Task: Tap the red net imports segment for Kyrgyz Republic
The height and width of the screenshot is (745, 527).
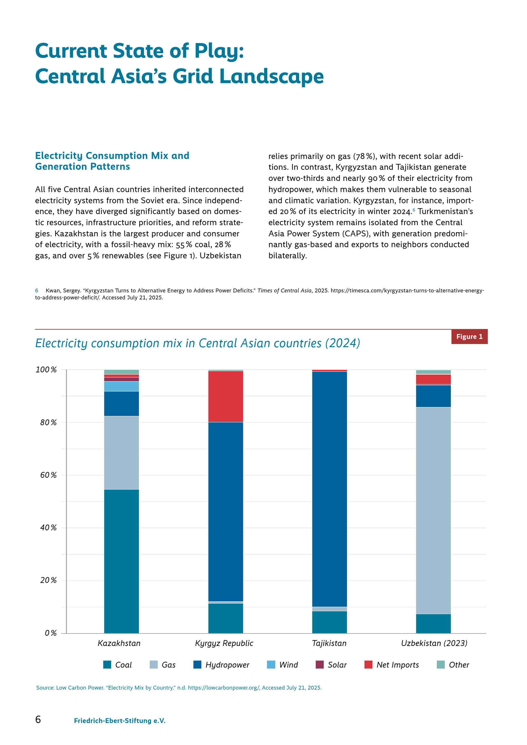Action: tap(226, 396)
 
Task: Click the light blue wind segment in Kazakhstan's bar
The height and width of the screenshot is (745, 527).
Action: tap(121, 386)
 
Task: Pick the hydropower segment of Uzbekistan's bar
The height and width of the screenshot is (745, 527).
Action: tap(433, 396)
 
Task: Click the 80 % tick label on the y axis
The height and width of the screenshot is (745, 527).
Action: tap(48, 423)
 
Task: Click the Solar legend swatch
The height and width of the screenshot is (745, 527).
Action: tap(320, 665)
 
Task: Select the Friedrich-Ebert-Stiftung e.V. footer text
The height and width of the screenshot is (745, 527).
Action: tap(120, 721)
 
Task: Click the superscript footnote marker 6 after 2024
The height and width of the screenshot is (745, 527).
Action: tap(414, 210)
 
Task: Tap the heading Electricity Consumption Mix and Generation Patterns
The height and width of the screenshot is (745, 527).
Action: tap(112, 161)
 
